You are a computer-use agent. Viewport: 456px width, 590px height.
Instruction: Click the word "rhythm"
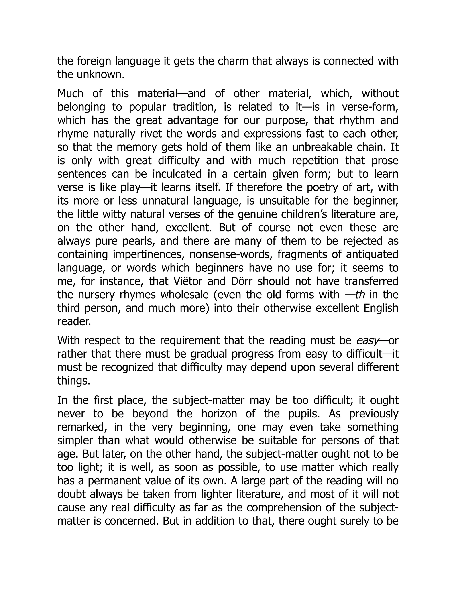pos(357,120)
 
